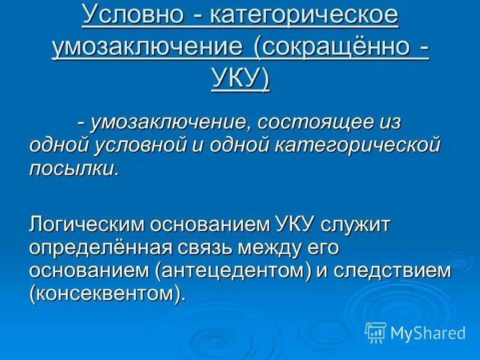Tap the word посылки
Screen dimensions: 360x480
pos(74,168)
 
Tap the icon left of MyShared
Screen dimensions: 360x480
pos(376,332)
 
